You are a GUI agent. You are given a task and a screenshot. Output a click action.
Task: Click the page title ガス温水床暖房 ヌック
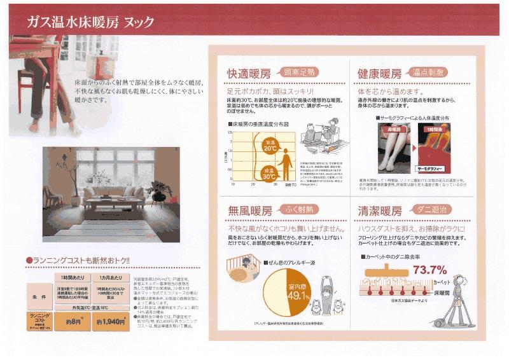coord(90,22)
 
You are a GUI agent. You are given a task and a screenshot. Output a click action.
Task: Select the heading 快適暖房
coord(251,73)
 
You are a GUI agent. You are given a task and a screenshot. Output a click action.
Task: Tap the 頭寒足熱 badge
coord(295,73)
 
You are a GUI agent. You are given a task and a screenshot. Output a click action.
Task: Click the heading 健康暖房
coord(379,73)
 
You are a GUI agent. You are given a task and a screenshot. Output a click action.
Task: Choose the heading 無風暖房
coord(251,211)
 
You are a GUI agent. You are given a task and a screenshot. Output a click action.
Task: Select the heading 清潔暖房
coord(379,211)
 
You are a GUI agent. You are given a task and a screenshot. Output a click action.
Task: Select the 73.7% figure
coord(429,270)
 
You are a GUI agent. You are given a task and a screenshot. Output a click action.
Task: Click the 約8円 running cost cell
coord(73,321)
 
